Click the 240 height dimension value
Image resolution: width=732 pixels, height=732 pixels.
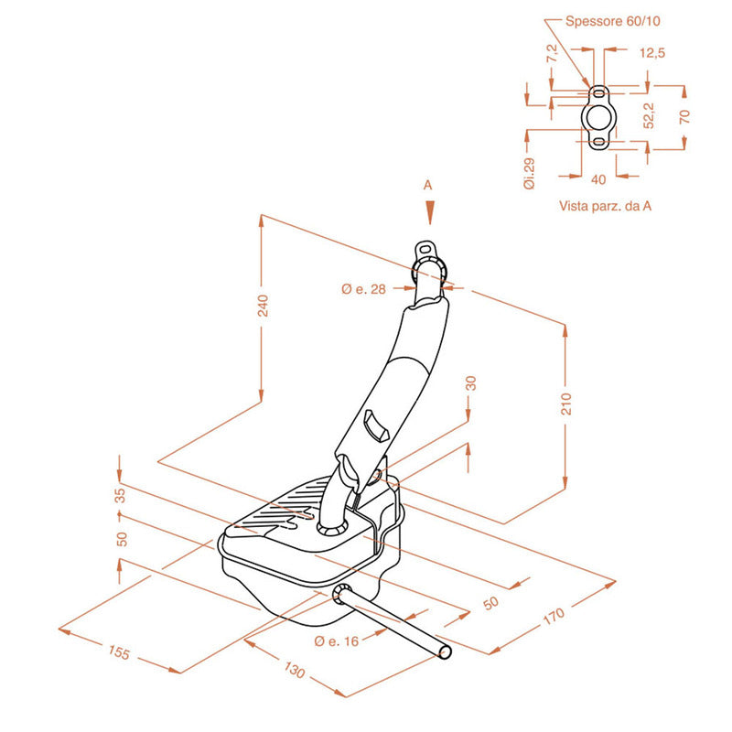264,306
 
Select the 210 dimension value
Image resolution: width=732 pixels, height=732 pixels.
565,404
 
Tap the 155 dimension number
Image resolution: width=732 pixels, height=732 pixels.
119,652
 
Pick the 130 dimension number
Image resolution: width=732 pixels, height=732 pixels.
294,670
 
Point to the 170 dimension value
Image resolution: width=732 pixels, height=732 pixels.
554,617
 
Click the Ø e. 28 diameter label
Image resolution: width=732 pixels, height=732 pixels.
363,289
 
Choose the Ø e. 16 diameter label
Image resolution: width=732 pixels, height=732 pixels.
337,641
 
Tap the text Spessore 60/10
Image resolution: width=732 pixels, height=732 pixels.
612,21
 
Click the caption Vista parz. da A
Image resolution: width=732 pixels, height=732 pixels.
605,206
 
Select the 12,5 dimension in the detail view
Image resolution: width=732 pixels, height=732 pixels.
652,53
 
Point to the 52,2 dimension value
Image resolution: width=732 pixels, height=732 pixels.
649,115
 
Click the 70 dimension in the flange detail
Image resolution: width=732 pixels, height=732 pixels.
684,116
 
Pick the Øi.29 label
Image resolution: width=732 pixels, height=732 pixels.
530,174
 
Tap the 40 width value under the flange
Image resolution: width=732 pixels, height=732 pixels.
598,179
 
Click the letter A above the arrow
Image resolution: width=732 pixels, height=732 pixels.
427,186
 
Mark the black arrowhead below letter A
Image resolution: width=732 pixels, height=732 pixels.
430,213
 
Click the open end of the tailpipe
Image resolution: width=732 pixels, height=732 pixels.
446,651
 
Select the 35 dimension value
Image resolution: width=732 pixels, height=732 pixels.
121,495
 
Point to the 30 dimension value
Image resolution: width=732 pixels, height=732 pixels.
471,383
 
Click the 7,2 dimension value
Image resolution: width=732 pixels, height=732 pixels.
553,53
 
